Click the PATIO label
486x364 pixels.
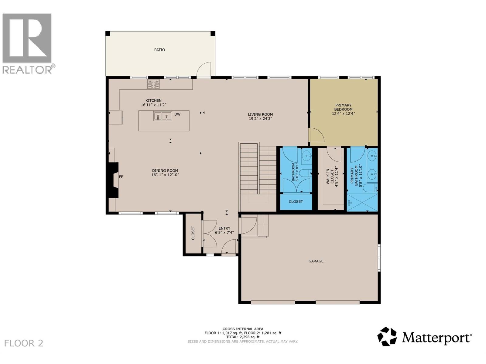[159, 50]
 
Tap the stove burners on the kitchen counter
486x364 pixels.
[153, 84]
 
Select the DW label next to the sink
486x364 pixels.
[177, 114]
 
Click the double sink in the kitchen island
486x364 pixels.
[162, 116]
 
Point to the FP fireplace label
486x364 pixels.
[121, 177]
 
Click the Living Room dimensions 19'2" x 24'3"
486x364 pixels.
[260, 119]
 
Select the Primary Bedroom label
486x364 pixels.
[343, 107]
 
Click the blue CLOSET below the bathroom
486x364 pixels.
[296, 201]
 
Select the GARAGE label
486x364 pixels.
[316, 261]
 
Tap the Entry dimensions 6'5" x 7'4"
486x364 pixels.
[224, 233]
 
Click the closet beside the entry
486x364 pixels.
[193, 233]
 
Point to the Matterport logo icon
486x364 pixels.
[387, 336]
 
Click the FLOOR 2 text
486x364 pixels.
[24, 343]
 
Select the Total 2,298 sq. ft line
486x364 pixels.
[243, 337]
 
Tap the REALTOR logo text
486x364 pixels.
[27, 69]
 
